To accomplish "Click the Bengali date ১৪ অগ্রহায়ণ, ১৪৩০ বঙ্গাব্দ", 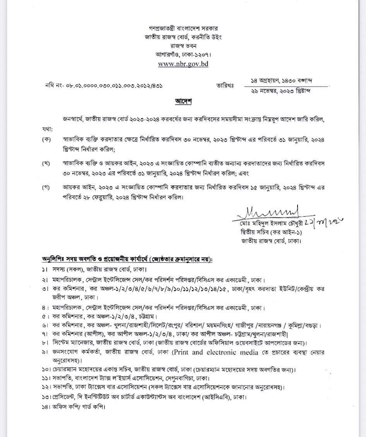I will (x=282, y=80).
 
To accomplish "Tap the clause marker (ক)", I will (x=46, y=139).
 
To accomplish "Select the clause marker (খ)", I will (x=46, y=163).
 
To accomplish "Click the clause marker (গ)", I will (x=46, y=187).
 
